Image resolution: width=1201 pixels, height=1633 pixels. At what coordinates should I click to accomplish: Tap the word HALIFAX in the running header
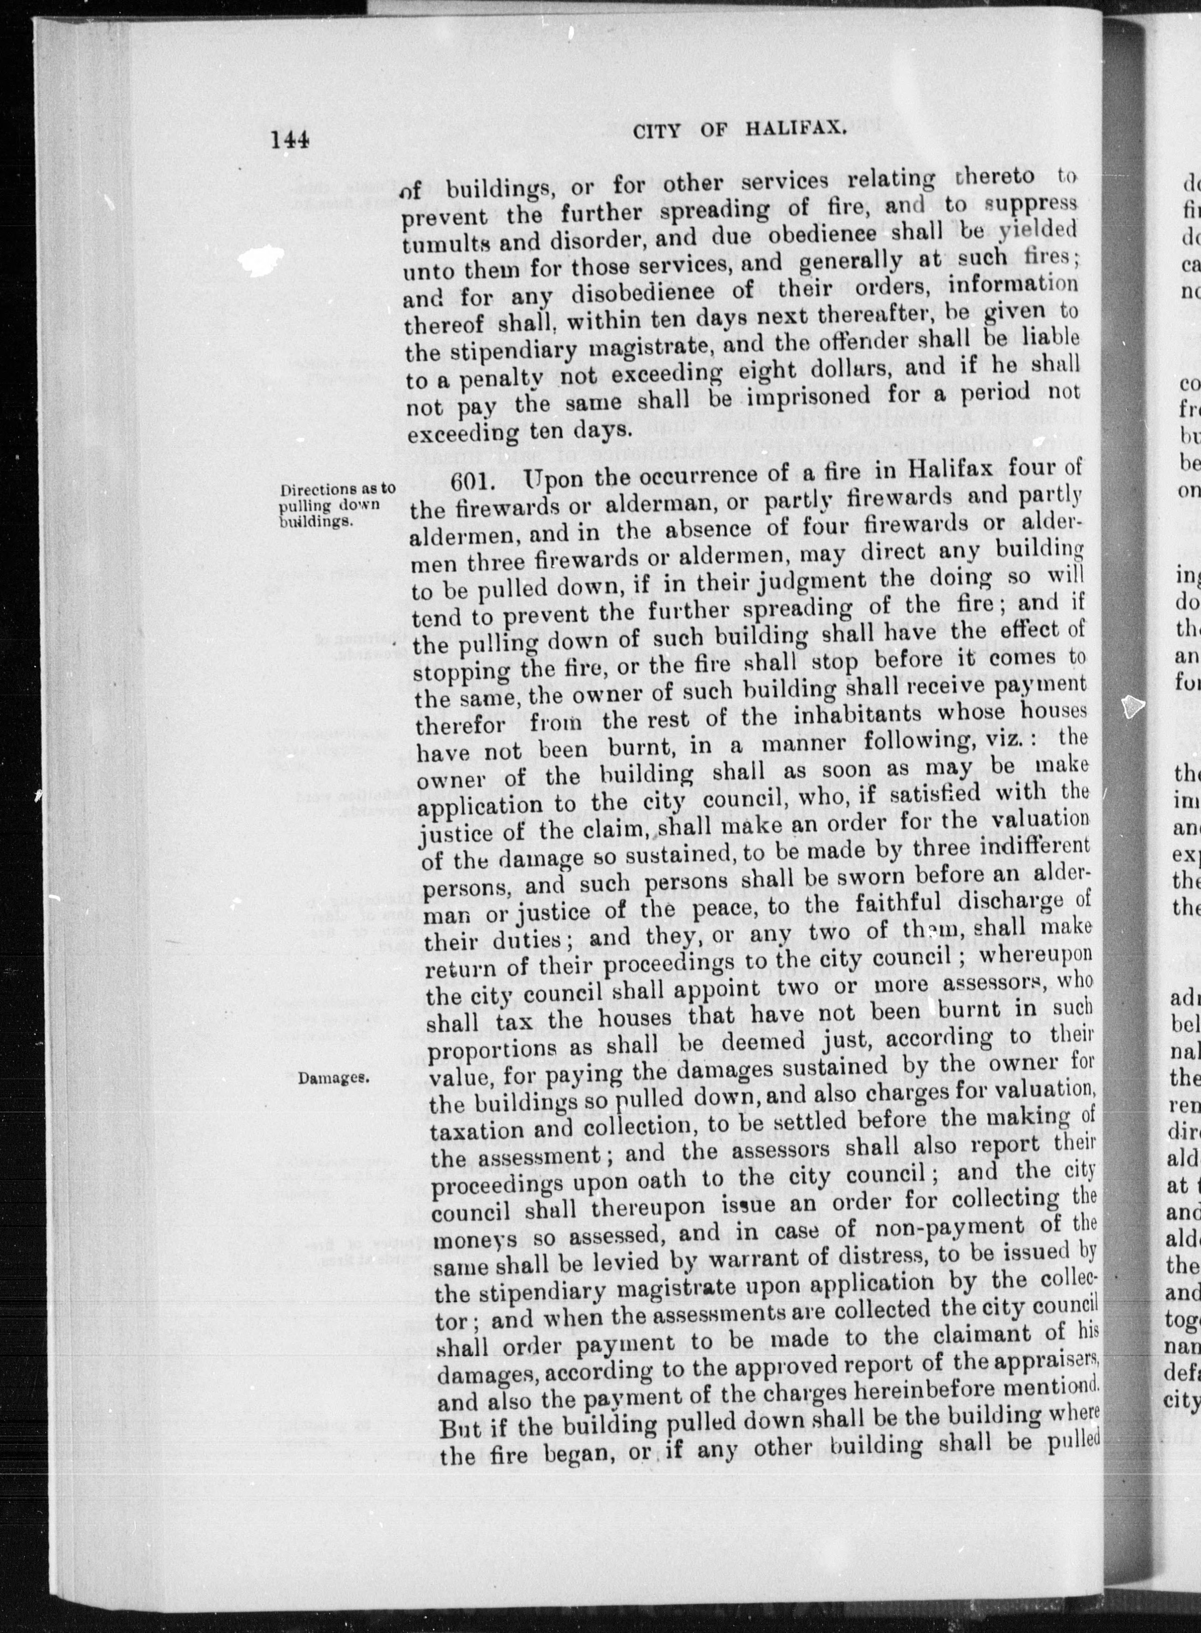pyautogui.click(x=795, y=129)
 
